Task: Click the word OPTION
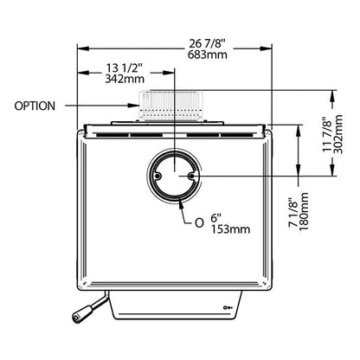[35, 106]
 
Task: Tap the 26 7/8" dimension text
[207, 44]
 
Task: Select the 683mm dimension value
[208, 55]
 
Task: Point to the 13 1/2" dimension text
[125, 68]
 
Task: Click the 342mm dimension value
[125, 79]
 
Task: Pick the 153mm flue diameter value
[230, 229]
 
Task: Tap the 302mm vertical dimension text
[337, 134]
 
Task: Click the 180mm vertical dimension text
[304, 211]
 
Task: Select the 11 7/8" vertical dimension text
[326, 134]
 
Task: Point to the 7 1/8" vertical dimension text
[292, 212]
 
